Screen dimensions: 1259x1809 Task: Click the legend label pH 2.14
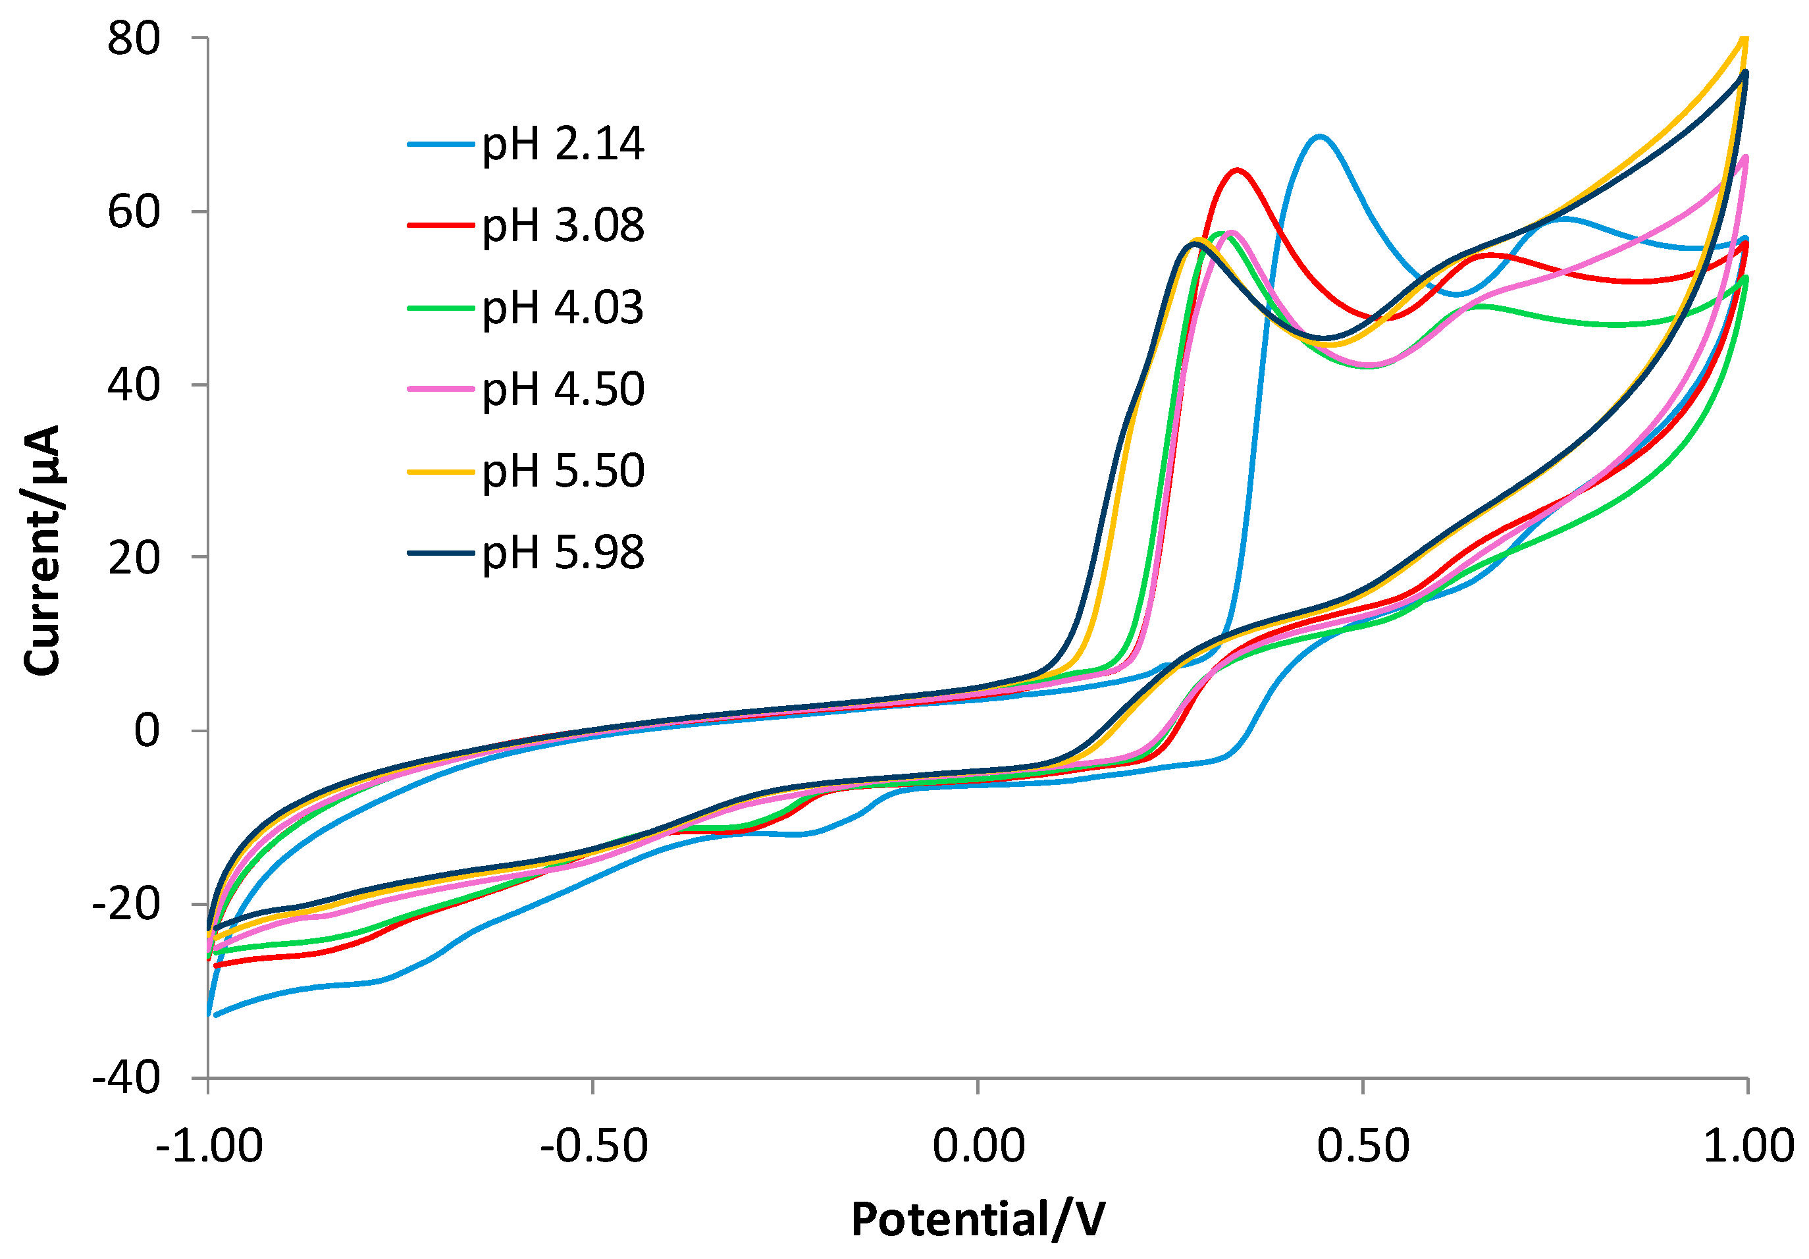[x=563, y=144]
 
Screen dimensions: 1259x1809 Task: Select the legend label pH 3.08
[x=563, y=226]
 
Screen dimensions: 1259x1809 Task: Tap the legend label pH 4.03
[x=563, y=308]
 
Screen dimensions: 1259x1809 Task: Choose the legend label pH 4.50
[x=563, y=389]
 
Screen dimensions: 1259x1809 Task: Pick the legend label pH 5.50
[x=563, y=471]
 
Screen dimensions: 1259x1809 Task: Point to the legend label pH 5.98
[x=563, y=553]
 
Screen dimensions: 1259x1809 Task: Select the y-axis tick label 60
[x=133, y=212]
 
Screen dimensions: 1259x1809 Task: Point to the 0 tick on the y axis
[x=147, y=731]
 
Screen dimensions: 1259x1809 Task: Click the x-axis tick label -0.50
[x=593, y=1146]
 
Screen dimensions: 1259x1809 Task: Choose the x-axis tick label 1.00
[x=1748, y=1146]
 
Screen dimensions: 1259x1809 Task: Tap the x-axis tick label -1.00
[x=209, y=1146]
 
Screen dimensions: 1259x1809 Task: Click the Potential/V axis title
[x=978, y=1219]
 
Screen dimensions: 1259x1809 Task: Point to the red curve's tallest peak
[x=1237, y=170]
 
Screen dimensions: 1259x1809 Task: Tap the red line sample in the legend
[x=440, y=226]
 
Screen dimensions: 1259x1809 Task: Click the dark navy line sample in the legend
[x=440, y=553]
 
